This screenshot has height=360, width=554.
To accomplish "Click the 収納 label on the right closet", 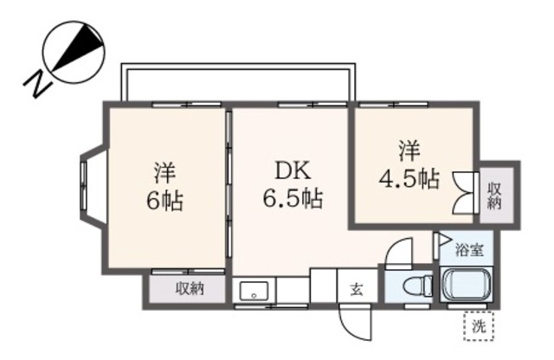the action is tap(496, 195).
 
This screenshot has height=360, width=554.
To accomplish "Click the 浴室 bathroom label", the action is tap(469, 251).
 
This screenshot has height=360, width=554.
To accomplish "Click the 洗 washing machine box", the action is tap(478, 325).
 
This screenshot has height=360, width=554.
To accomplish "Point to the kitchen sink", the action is tap(254, 289).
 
